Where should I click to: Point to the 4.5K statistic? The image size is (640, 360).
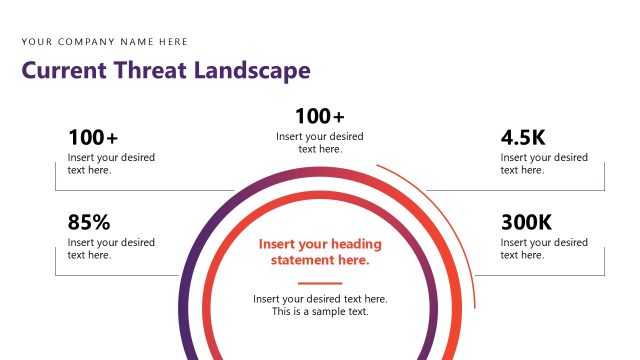pyautogui.click(x=523, y=138)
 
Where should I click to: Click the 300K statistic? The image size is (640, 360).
pyautogui.click(x=526, y=222)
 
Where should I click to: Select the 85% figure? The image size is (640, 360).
pyautogui.click(x=89, y=222)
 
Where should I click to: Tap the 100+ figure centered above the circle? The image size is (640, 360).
pyautogui.click(x=320, y=116)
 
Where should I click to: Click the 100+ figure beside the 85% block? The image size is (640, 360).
pyautogui.click(x=93, y=138)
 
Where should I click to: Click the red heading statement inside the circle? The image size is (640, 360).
pyautogui.click(x=320, y=252)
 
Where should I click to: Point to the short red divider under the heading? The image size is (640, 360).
pyautogui.click(x=320, y=283)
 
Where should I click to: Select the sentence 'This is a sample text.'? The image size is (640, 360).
pyautogui.click(x=320, y=312)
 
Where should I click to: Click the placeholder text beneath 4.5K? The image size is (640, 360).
pyautogui.click(x=544, y=164)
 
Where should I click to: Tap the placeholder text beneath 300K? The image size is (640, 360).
pyautogui.click(x=544, y=249)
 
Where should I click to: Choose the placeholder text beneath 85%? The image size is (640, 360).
pyautogui.click(x=111, y=249)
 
